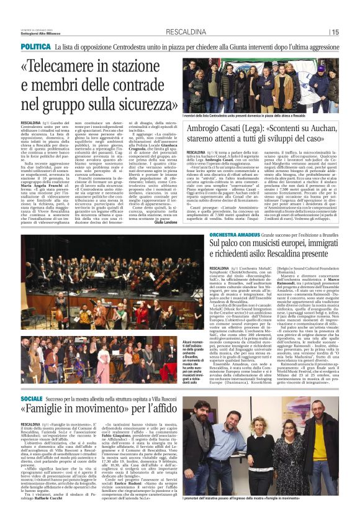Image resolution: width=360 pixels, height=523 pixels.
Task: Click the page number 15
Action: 335,32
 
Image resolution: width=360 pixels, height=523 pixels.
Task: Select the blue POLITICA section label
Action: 35,47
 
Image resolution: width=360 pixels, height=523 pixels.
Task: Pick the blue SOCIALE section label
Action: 32,398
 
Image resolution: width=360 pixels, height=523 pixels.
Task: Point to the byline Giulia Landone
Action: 164,224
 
